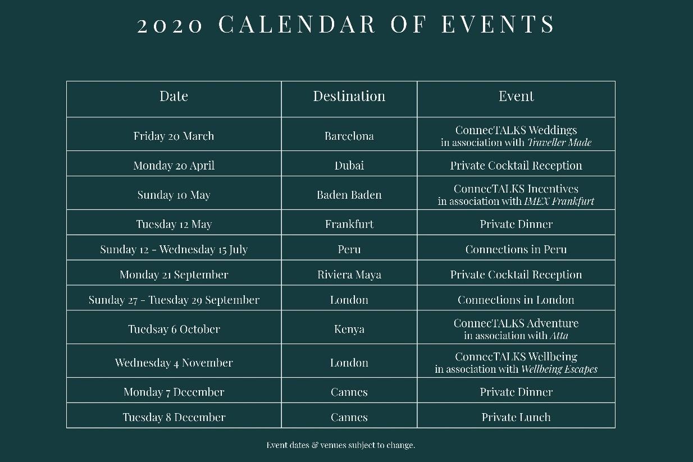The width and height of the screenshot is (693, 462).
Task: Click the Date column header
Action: click(174, 96)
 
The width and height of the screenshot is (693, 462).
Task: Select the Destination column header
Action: click(349, 96)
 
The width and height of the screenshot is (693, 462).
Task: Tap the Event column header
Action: click(516, 96)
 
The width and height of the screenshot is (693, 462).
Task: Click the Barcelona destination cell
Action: click(349, 136)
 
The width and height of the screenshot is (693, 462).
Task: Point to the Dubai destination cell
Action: click(349, 166)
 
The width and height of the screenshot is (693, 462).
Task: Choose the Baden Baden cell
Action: click(349, 195)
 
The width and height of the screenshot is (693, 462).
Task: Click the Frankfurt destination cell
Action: click(349, 224)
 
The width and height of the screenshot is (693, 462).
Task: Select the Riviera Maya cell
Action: click(349, 275)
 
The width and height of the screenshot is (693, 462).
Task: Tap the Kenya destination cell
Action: click(349, 330)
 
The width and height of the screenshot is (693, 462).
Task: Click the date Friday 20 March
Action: click(174, 136)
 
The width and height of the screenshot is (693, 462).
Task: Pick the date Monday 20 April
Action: click(174, 166)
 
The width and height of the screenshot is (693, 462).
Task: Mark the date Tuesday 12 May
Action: click(174, 224)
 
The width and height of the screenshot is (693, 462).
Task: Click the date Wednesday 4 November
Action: click(174, 363)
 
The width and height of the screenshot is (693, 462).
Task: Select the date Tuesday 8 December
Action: click(174, 417)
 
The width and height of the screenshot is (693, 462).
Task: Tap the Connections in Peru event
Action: click(516, 249)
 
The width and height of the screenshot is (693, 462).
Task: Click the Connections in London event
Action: click(516, 300)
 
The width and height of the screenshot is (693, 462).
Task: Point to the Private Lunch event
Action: click(516, 417)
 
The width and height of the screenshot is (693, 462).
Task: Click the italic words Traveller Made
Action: click(559, 143)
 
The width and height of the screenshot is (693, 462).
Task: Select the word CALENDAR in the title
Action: click(297, 25)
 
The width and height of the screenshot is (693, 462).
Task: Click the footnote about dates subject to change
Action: click(340, 445)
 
